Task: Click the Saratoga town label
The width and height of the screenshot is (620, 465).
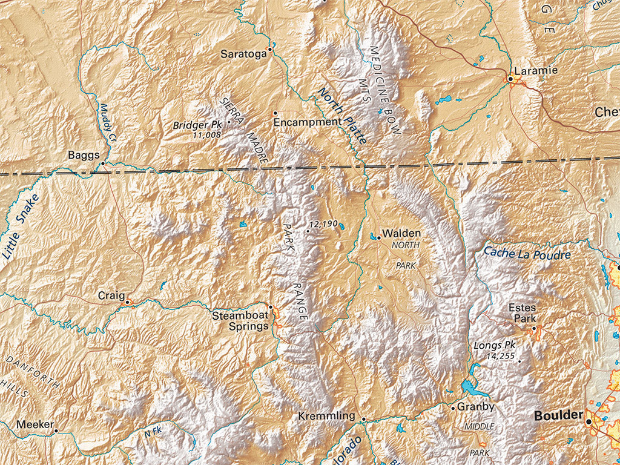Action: coord(243,54)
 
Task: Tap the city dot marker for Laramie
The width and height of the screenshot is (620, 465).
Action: coord(510,79)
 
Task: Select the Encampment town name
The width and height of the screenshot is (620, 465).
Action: coord(308,122)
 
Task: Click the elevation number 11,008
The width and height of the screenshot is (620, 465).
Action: coord(206,136)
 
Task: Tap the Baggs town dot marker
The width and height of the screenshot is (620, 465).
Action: coord(103,163)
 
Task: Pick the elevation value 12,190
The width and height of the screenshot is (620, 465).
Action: coord(323,224)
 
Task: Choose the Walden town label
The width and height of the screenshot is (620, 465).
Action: coord(401,233)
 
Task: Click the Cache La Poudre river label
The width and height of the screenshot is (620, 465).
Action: coord(527,253)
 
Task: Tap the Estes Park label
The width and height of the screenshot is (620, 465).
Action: coord(522,312)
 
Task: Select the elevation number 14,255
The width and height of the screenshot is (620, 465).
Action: coord(500,357)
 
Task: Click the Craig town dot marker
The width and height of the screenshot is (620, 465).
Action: coord(128,300)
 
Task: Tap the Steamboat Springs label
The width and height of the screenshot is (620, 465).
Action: coord(240,321)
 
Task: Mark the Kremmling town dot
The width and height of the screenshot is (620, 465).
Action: coord(363,419)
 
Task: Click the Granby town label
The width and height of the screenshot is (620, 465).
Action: coord(476,407)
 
